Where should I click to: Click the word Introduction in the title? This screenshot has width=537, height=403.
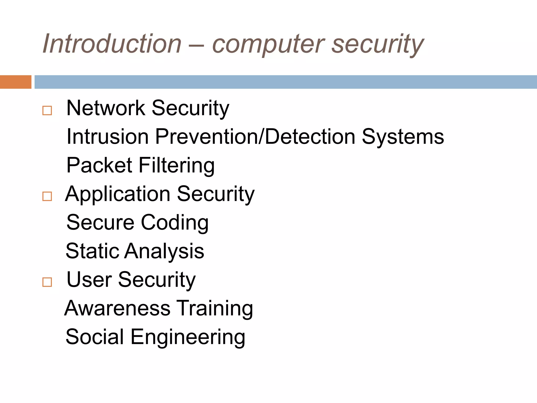112,44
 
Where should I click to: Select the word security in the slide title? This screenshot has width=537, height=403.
378,45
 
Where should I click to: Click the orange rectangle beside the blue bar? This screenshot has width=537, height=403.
15,82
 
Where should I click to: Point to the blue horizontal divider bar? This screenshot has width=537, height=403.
286,82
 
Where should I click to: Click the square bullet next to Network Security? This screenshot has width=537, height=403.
47,110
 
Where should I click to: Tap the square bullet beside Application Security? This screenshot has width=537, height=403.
47,196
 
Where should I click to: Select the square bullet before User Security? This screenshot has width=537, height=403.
47,282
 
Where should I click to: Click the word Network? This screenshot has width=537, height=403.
106,108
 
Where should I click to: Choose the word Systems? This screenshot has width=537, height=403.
403,137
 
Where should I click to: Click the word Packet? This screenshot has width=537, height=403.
99,165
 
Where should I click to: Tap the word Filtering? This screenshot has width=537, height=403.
176,166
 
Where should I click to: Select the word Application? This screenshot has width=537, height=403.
118,194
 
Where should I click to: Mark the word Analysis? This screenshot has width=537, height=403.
164,251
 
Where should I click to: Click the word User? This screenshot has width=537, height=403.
89,279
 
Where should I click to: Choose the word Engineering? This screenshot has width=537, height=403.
188,337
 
